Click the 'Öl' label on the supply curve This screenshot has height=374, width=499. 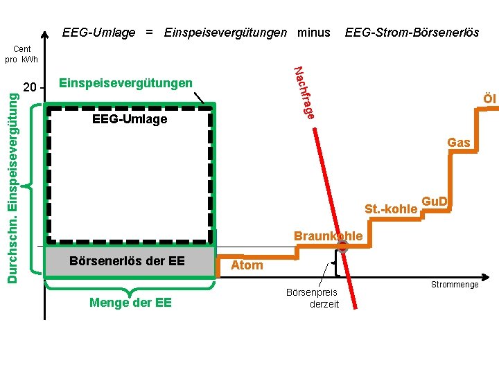tap(489, 99)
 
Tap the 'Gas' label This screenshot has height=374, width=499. tap(458, 143)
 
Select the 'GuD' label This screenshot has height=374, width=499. tap(435, 202)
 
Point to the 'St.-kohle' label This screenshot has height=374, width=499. tap(391, 209)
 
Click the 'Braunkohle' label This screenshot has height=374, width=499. tap(328, 236)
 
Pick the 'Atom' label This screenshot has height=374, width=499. tap(247, 265)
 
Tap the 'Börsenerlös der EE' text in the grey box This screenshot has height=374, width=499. tap(127, 261)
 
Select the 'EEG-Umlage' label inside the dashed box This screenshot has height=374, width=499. tap(130, 119)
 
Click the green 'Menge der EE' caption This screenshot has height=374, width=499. tap(131, 302)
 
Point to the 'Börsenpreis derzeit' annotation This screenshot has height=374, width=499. tap(313, 299)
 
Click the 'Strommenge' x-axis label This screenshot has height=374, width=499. tap(455, 285)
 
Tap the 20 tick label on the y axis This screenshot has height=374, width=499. tap(30, 88)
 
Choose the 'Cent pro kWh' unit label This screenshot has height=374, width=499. tap(21, 54)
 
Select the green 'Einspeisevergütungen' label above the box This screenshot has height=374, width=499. tap(126, 83)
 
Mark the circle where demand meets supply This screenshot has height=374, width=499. tap(342, 246)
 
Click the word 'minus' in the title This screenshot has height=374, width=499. tap(314, 33)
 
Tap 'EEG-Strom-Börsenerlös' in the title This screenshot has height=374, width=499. tap(412, 33)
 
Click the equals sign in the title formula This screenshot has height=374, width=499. tap(150, 33)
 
